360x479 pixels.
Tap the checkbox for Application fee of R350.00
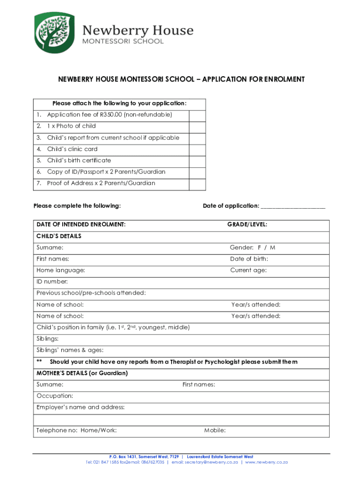(197, 115)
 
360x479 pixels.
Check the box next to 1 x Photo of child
(197, 126)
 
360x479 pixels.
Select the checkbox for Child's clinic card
(197, 149)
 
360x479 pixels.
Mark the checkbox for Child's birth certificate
(197, 160)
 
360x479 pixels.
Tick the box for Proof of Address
(197, 183)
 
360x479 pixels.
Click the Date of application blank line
(293, 206)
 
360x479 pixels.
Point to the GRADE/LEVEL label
(247, 225)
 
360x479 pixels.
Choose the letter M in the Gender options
(273, 247)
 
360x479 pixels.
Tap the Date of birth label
(249, 259)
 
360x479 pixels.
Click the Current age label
(248, 270)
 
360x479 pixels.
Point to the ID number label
(52, 282)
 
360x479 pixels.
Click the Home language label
(61, 270)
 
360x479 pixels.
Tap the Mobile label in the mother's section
(215, 430)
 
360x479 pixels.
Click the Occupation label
(55, 396)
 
